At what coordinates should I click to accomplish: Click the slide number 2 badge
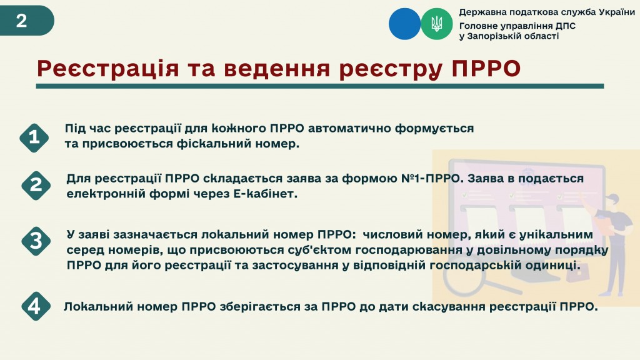(26, 21)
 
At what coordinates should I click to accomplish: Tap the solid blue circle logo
(404, 24)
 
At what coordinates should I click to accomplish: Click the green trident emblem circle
(437, 24)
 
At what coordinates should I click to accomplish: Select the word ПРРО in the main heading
(486, 68)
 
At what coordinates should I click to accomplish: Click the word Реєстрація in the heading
(107, 69)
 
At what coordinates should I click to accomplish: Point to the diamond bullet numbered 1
(34, 138)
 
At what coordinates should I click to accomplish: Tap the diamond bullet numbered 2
(36, 186)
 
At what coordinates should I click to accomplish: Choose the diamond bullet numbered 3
(36, 241)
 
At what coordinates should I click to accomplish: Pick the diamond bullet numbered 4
(36, 306)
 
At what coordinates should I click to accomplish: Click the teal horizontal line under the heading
(319, 86)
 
